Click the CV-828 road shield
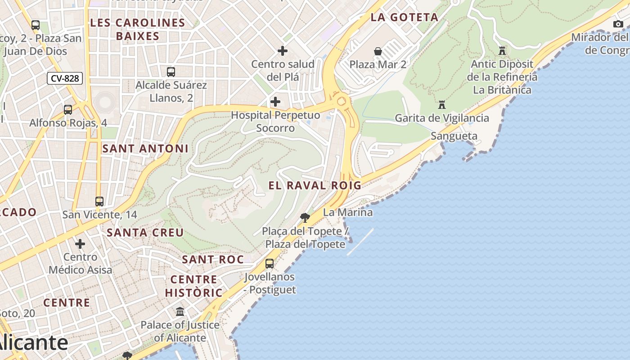[x=65, y=78]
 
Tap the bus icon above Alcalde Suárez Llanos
[x=171, y=72]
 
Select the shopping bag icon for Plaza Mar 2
[x=378, y=52]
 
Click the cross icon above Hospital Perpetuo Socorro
[x=275, y=102]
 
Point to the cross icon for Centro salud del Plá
[x=283, y=51]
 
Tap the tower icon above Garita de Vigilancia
[x=442, y=105]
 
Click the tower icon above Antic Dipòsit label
[x=502, y=51]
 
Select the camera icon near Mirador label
[x=618, y=24]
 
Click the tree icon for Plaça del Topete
[x=305, y=218]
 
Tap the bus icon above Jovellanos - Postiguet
[x=270, y=264]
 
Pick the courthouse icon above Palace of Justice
[x=180, y=311]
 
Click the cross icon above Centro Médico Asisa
[x=80, y=244]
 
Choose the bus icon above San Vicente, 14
[x=99, y=202]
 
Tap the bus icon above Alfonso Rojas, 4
[x=68, y=109]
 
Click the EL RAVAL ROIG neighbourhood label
[x=315, y=185]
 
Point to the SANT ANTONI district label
[x=145, y=148]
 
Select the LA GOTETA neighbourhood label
[x=404, y=18]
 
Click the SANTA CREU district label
[x=145, y=233]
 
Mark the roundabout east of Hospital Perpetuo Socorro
[x=341, y=100]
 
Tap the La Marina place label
[x=348, y=212]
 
